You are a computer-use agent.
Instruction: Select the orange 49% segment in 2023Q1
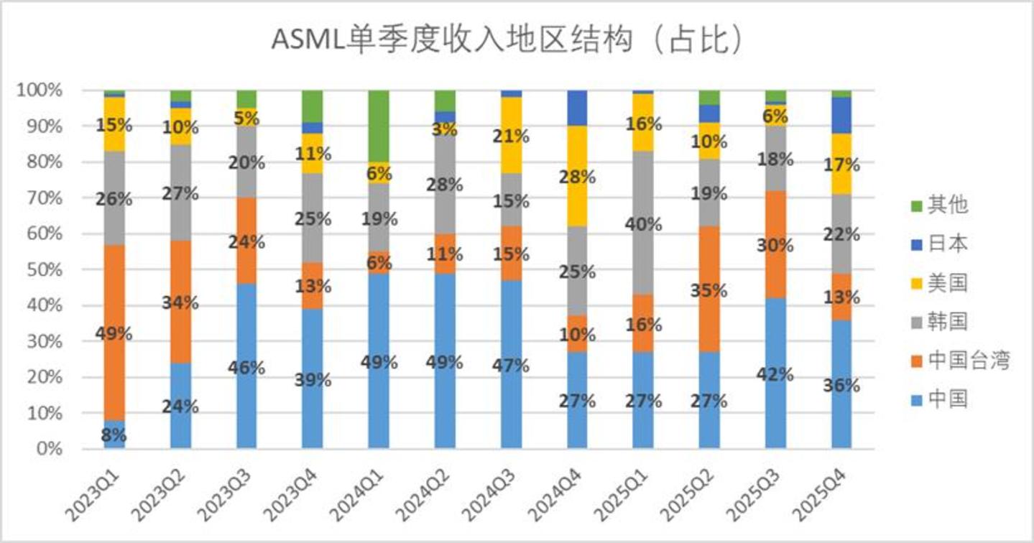coord(114,332)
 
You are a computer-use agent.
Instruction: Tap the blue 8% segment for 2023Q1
coord(114,434)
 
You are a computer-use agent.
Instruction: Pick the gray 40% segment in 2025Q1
coord(643,223)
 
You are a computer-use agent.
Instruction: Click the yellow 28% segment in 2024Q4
coord(577,176)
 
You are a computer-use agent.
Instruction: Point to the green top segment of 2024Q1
coord(379,126)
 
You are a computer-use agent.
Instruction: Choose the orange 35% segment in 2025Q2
coord(709,289)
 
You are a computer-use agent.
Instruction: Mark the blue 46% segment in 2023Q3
coord(246,366)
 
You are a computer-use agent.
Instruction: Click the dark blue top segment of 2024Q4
coord(577,108)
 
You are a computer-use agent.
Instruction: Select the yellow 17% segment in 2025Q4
coord(841,164)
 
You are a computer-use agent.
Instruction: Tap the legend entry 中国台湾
coord(961,361)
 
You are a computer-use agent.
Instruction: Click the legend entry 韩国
coord(939,322)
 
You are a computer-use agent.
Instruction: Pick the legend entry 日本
coord(939,243)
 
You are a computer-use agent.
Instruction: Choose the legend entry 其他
coord(939,205)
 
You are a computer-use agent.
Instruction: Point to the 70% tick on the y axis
coord(45,198)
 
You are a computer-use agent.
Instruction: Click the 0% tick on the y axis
coord(50,449)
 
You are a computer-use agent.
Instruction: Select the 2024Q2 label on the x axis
coord(423,495)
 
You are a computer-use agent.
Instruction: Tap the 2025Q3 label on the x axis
coord(753,495)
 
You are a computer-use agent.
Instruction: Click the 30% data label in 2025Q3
coord(775,245)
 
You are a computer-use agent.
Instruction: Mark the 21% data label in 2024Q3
coord(511,136)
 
